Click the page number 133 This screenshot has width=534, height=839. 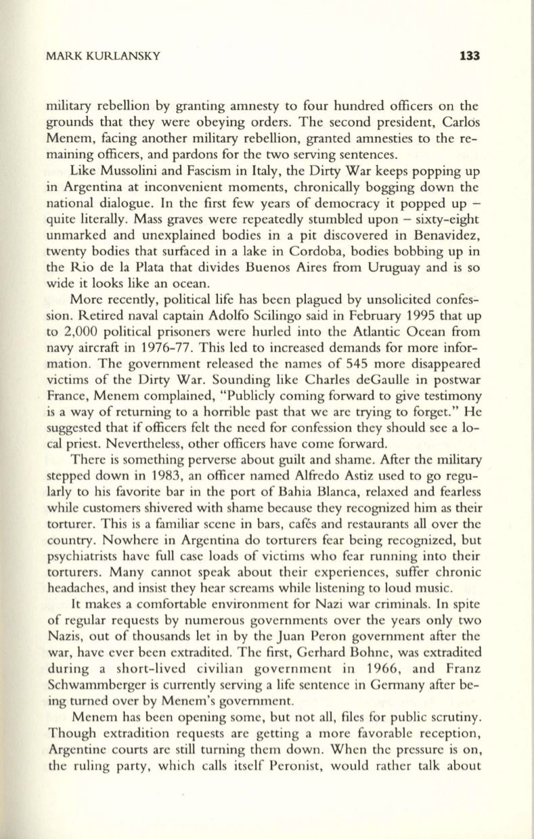[468, 57]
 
